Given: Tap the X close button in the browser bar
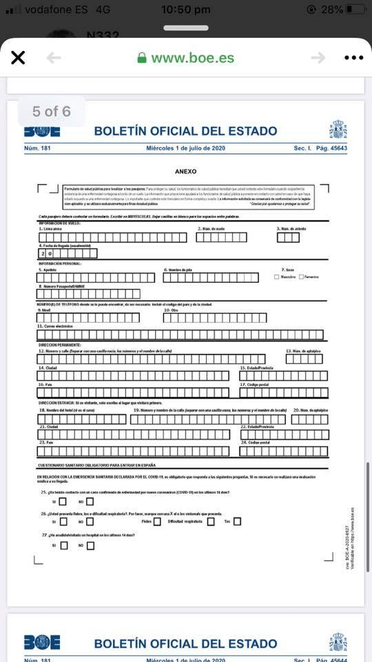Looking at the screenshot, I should point(18,58).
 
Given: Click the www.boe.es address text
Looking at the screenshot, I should point(192,58).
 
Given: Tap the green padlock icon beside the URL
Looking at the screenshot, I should point(143,58).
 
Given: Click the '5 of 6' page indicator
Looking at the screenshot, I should point(52,111).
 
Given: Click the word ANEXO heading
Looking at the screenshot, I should point(186,171).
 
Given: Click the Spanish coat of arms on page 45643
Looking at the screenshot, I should point(338,130).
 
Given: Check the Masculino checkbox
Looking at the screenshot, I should point(276,277).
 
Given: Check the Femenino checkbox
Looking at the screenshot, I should point(301,277).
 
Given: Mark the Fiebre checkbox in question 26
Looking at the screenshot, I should point(157,521).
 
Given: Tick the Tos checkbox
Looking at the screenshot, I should point(237,521).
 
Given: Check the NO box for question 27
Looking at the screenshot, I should point(90,545).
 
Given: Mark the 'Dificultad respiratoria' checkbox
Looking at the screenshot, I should point(211,521).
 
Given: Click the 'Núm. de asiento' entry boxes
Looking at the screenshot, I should point(288,237).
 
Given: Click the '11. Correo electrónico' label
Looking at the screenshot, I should point(55,326).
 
